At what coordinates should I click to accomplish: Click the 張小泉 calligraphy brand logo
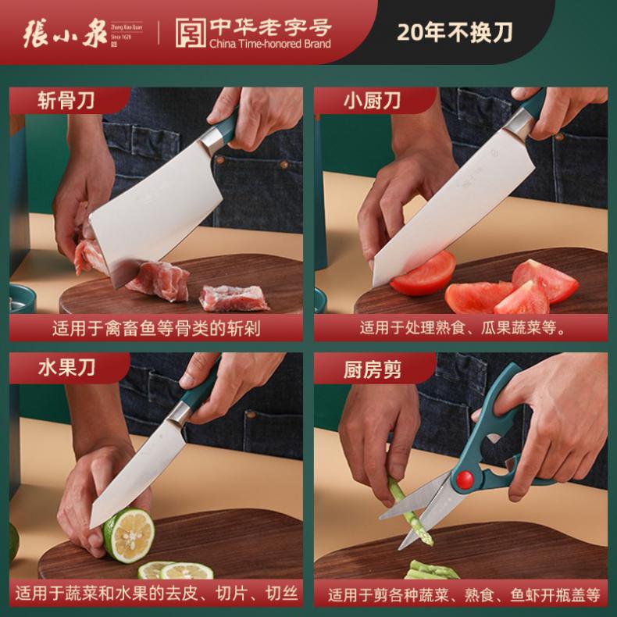65,34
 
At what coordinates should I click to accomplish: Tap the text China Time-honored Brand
270,44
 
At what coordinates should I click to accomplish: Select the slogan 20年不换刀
455,32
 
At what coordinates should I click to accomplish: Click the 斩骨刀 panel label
66,101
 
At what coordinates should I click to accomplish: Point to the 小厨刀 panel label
372,101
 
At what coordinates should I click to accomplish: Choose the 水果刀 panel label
67,368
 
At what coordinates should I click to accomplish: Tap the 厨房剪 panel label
372,370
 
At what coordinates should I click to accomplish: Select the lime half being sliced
129,535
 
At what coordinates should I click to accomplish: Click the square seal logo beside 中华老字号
191,33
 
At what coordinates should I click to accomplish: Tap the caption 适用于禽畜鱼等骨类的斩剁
156,328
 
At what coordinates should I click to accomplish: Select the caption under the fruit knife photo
156,594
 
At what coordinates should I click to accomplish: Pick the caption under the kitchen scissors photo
465,595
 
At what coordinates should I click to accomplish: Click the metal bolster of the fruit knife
180,414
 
